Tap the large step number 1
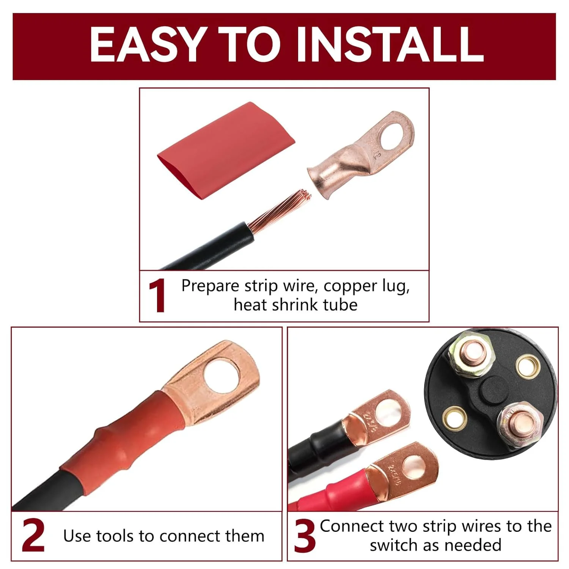tap(157, 296)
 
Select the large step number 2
tap(33, 535)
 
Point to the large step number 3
tap(305, 536)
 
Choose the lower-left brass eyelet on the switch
tap(455, 419)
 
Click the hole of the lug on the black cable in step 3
tap(389, 411)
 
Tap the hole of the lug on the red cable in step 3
tap(414, 465)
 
